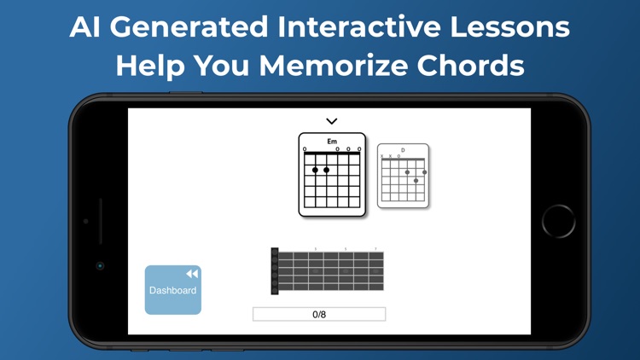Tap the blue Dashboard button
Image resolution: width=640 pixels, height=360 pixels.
click(x=172, y=290)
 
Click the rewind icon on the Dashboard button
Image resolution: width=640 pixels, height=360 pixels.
click(x=192, y=274)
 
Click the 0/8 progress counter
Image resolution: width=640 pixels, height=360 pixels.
click(x=319, y=314)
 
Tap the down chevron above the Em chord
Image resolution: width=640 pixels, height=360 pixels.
click(x=332, y=121)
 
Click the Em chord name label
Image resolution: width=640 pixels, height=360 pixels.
click(x=332, y=142)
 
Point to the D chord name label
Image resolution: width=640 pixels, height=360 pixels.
click(x=403, y=150)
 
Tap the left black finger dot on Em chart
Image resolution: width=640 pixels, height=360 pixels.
click(x=316, y=170)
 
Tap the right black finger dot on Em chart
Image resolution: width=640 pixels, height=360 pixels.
click(x=327, y=170)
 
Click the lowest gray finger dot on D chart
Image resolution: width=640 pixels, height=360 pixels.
click(x=416, y=180)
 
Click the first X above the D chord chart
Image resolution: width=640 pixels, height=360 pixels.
click(x=382, y=156)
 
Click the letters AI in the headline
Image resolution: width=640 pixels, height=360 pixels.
click(x=87, y=26)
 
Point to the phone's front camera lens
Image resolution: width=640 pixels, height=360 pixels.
click(x=100, y=265)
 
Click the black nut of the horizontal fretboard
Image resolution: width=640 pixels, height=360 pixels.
click(x=275, y=271)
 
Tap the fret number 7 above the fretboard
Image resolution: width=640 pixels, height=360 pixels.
click(x=375, y=249)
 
